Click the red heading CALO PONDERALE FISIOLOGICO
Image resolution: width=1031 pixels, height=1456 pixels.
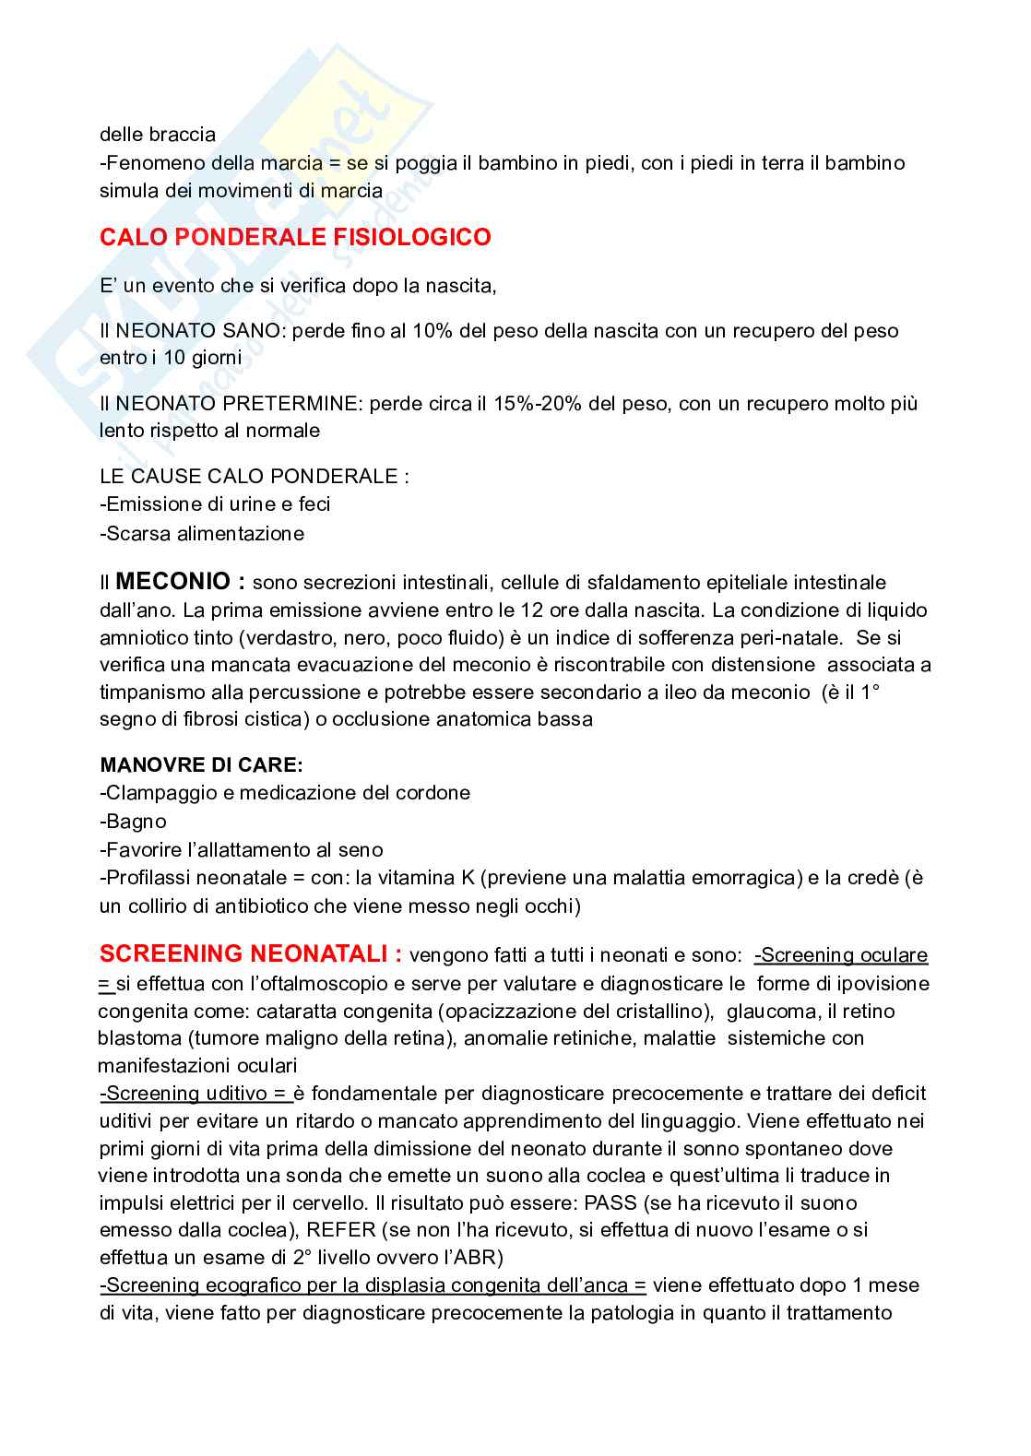pyautogui.click(x=295, y=238)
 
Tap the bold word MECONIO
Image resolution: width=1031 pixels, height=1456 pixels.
pyautogui.click(x=172, y=582)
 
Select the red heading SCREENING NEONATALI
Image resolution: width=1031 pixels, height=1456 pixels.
pyautogui.click(x=250, y=953)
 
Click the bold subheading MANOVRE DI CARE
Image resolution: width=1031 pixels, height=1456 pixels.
pyautogui.click(x=201, y=765)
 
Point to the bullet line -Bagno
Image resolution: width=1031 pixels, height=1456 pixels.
pyautogui.click(x=133, y=821)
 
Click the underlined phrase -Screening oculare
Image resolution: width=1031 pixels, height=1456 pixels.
pyautogui.click(x=840, y=955)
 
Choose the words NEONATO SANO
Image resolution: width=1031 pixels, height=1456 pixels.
pyautogui.click(x=172, y=330)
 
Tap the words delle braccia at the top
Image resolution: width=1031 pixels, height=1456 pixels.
pyautogui.click(x=157, y=135)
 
